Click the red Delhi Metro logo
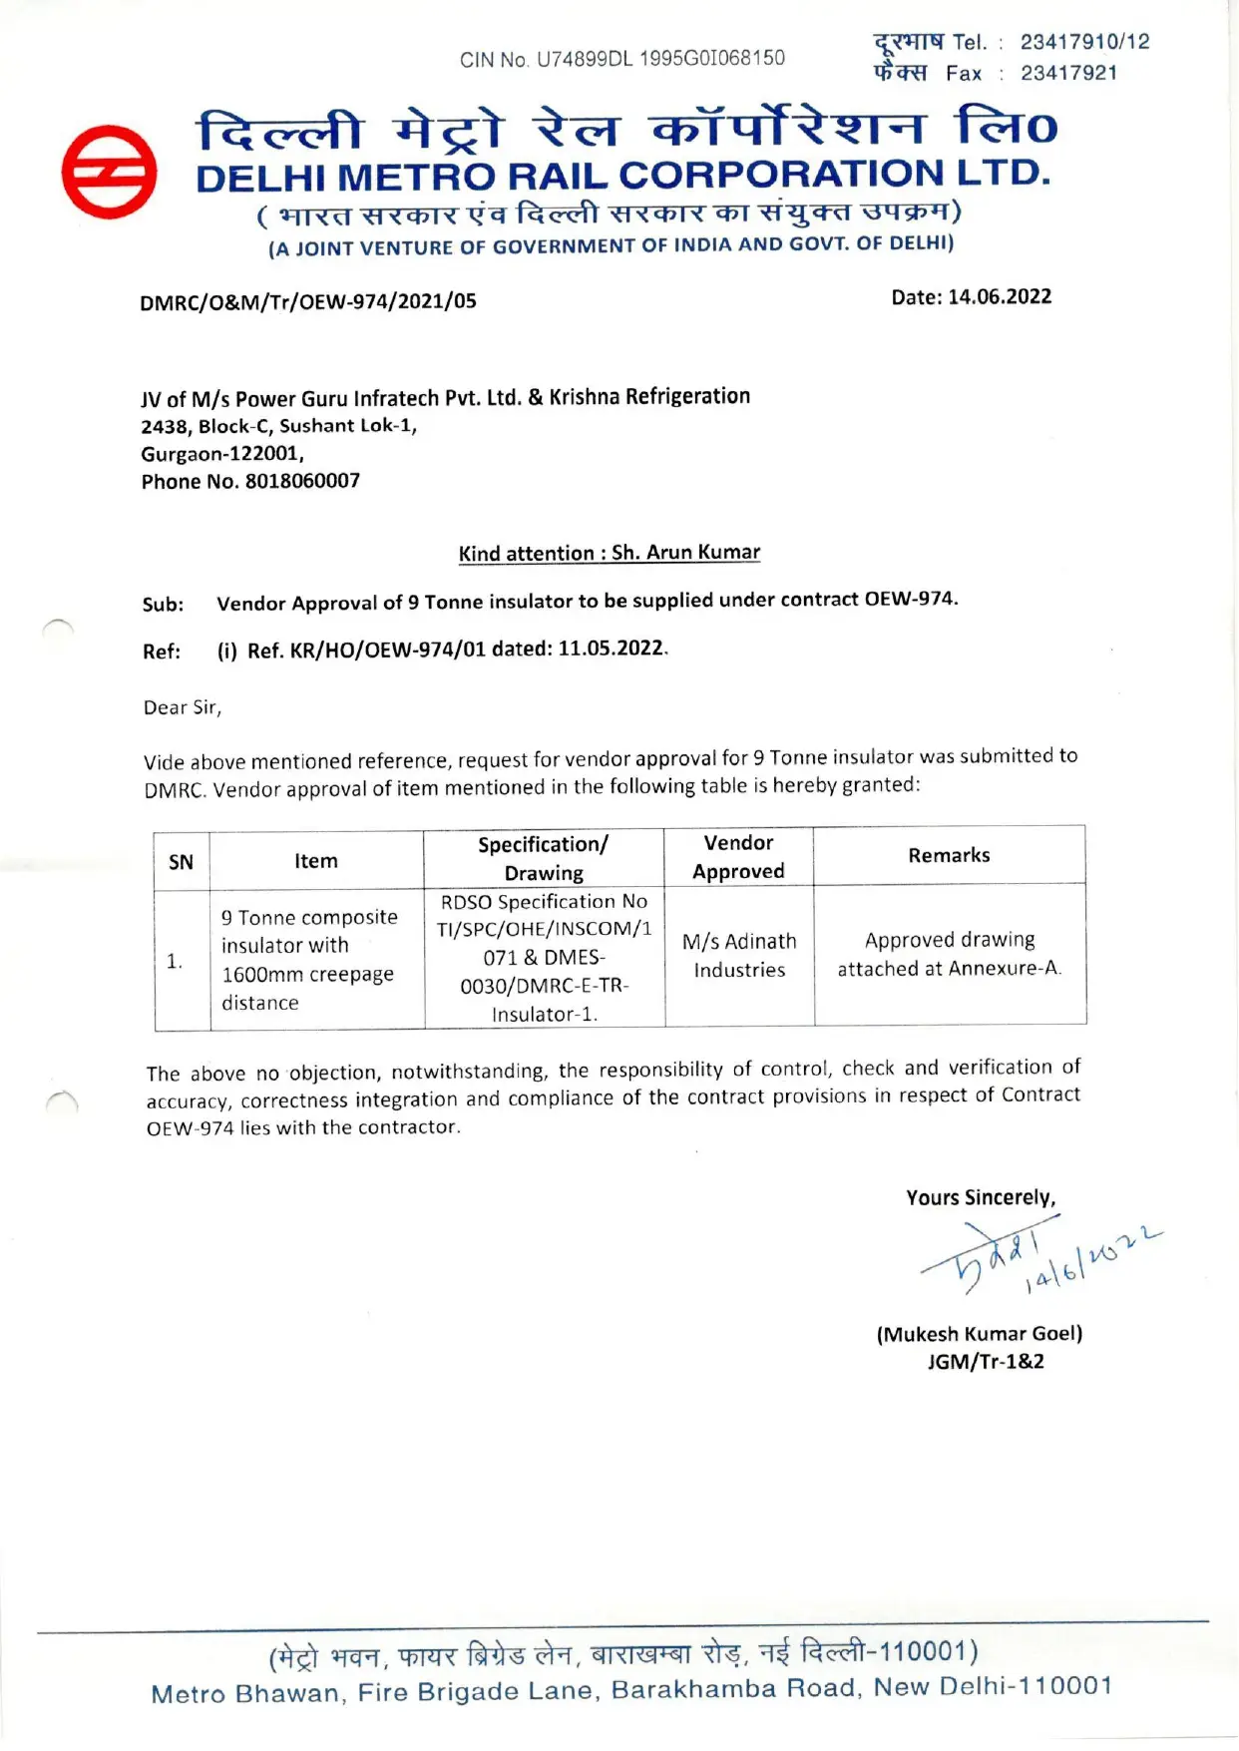pyautogui.click(x=109, y=172)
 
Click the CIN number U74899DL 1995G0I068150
pyautogui.click(x=660, y=59)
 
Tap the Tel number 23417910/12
pyautogui.click(x=1084, y=42)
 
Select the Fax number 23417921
pyautogui.click(x=1068, y=73)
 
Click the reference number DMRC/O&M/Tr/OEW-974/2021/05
pyautogui.click(x=308, y=301)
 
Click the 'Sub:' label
pyautogui.click(x=164, y=605)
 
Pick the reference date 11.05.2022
pyautogui.click(x=611, y=649)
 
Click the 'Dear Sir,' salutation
pyautogui.click(x=183, y=707)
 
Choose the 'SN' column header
pyautogui.click(x=181, y=862)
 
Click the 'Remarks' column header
pyautogui.click(x=949, y=855)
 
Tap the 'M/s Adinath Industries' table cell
pyautogui.click(x=739, y=956)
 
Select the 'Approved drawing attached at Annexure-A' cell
pyautogui.click(x=949, y=954)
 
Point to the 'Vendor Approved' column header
pyautogui.click(x=738, y=857)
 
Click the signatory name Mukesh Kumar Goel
pyautogui.click(x=979, y=1334)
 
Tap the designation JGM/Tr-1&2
pyautogui.click(x=986, y=1362)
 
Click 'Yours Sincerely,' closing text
pyautogui.click(x=981, y=1197)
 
